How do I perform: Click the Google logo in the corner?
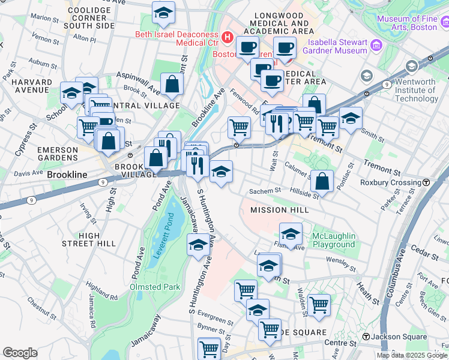pyautogui.click(x=20, y=353)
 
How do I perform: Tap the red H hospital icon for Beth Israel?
pyautogui.click(x=228, y=38)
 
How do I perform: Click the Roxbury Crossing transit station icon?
pyautogui.click(x=426, y=182)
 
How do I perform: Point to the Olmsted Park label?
pyautogui.click(x=155, y=287)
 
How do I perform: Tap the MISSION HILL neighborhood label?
pyautogui.click(x=279, y=210)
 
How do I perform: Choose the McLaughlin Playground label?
pyautogui.click(x=333, y=240)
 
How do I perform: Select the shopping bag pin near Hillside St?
pyautogui.click(x=322, y=181)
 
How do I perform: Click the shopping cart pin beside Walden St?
pyautogui.click(x=319, y=304)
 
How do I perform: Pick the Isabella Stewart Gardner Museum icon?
pyautogui.click(x=376, y=45)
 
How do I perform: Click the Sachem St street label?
pyautogui.click(x=269, y=190)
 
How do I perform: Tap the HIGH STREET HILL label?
pyautogui.click(x=89, y=239)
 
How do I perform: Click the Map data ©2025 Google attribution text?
pyautogui.click(x=411, y=355)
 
